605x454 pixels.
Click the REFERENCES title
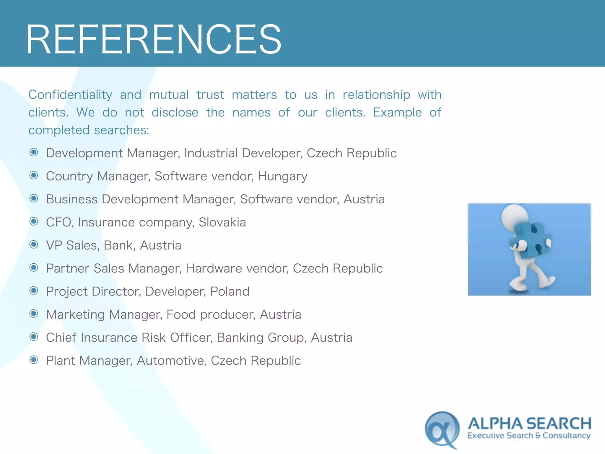(154, 39)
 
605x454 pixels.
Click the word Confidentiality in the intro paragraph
(70, 95)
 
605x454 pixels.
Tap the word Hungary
(282, 176)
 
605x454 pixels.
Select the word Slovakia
(222, 222)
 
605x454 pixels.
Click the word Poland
(230, 291)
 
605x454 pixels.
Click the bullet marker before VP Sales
(34, 245)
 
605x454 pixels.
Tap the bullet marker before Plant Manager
(34, 360)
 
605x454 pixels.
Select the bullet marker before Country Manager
(34, 176)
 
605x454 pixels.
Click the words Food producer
(210, 314)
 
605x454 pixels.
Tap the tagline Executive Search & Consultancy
(529, 436)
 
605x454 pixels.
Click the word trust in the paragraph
(210, 95)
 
